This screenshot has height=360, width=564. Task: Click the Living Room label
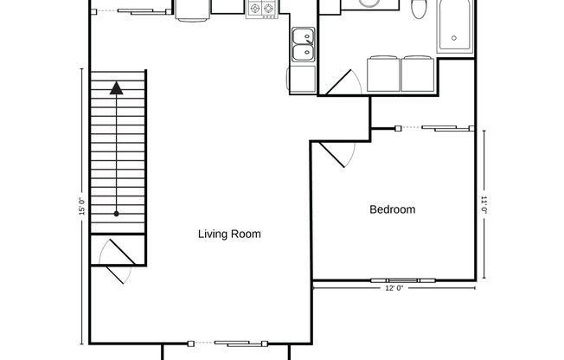[x=229, y=234]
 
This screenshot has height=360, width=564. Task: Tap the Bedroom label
[x=392, y=209]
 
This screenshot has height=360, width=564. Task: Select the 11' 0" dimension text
[x=485, y=205]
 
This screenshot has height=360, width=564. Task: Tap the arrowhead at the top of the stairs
[x=117, y=87]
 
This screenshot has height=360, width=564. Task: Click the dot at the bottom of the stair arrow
[x=117, y=213]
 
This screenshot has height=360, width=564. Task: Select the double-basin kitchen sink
[x=303, y=45]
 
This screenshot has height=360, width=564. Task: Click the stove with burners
[x=262, y=9]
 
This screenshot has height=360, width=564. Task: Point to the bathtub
[x=456, y=26]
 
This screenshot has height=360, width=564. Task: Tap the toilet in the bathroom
[x=420, y=9]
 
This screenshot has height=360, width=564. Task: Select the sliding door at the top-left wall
[x=134, y=11]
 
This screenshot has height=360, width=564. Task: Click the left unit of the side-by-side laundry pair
[x=383, y=74]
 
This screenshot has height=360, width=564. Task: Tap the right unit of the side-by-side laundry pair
[x=418, y=74]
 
